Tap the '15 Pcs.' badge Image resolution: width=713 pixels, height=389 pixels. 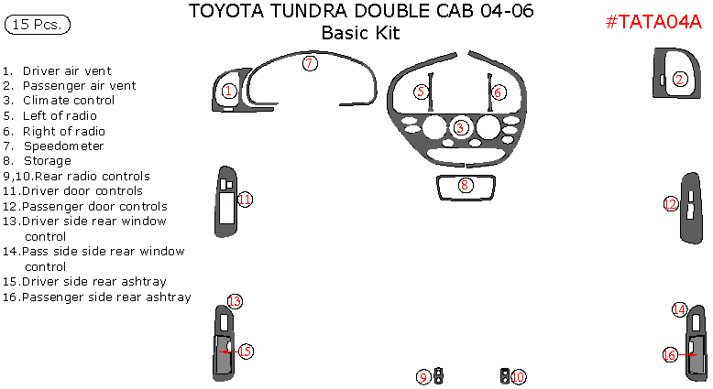tap(38, 25)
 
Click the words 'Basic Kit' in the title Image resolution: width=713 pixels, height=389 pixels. tap(361, 34)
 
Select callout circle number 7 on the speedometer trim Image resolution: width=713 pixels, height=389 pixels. tap(310, 63)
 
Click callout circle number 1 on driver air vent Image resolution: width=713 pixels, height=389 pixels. tap(229, 91)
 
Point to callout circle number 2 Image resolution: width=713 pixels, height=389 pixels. tap(680, 80)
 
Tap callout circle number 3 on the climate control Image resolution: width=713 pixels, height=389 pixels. tap(461, 127)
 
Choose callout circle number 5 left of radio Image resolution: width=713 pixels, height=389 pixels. tap(421, 92)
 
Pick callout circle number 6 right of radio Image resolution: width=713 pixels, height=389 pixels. tap(498, 92)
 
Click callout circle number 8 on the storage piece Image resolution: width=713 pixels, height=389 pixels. tap(466, 185)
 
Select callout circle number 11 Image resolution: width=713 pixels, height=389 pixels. tap(245, 200)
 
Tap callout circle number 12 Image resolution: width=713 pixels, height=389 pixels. tap(671, 204)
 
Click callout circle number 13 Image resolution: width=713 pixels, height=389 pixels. tap(235, 301)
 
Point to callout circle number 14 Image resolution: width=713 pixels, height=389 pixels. tap(679, 309)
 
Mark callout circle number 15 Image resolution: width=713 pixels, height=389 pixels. tap(246, 351)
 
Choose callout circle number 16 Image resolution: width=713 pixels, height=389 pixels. tap(670, 354)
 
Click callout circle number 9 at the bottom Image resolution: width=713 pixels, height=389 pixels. tap(423, 376)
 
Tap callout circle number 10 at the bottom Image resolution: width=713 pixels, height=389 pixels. tap(519, 376)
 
